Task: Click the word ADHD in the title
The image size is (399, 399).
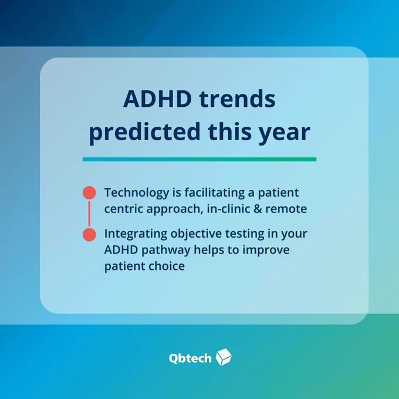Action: [157, 99]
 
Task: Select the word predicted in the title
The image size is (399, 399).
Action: [144, 131]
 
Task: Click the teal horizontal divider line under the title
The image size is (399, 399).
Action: [199, 159]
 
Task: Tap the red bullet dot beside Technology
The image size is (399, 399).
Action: [89, 192]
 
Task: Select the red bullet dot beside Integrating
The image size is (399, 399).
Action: [89, 234]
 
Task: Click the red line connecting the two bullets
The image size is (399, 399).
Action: [89, 214]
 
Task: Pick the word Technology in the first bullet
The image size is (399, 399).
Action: [136, 193]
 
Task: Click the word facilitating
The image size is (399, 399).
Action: [215, 192]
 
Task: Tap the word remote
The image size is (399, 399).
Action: [286, 209]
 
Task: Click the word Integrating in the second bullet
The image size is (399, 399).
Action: [136, 234]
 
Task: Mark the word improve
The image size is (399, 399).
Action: [266, 251]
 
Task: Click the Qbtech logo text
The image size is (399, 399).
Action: [190, 359]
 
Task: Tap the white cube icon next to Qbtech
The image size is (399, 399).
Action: [224, 357]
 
